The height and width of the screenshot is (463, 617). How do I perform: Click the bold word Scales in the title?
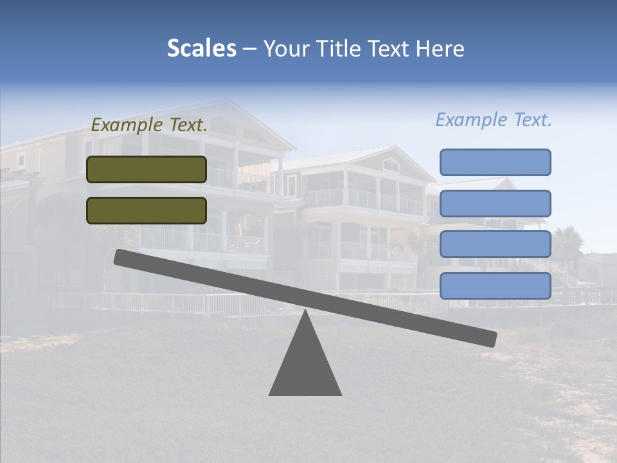[x=202, y=49]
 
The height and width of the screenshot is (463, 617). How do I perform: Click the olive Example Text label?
[x=149, y=125]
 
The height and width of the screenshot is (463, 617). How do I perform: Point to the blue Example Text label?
[x=494, y=120]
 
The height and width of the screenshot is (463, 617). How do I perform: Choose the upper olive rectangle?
[x=147, y=169]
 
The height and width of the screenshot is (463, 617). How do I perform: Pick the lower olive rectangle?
[x=147, y=210]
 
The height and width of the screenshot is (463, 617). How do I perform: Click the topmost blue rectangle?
[x=495, y=162]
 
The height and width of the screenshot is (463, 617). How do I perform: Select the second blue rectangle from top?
[x=495, y=203]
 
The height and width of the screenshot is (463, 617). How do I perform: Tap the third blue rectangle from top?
[x=495, y=244]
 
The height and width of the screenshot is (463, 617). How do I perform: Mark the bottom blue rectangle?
[x=495, y=286]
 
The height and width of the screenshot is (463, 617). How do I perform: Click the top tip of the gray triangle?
[x=305, y=312]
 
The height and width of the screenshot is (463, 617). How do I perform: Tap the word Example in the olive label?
[x=127, y=125]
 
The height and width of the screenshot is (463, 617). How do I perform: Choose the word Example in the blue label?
[x=472, y=120]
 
